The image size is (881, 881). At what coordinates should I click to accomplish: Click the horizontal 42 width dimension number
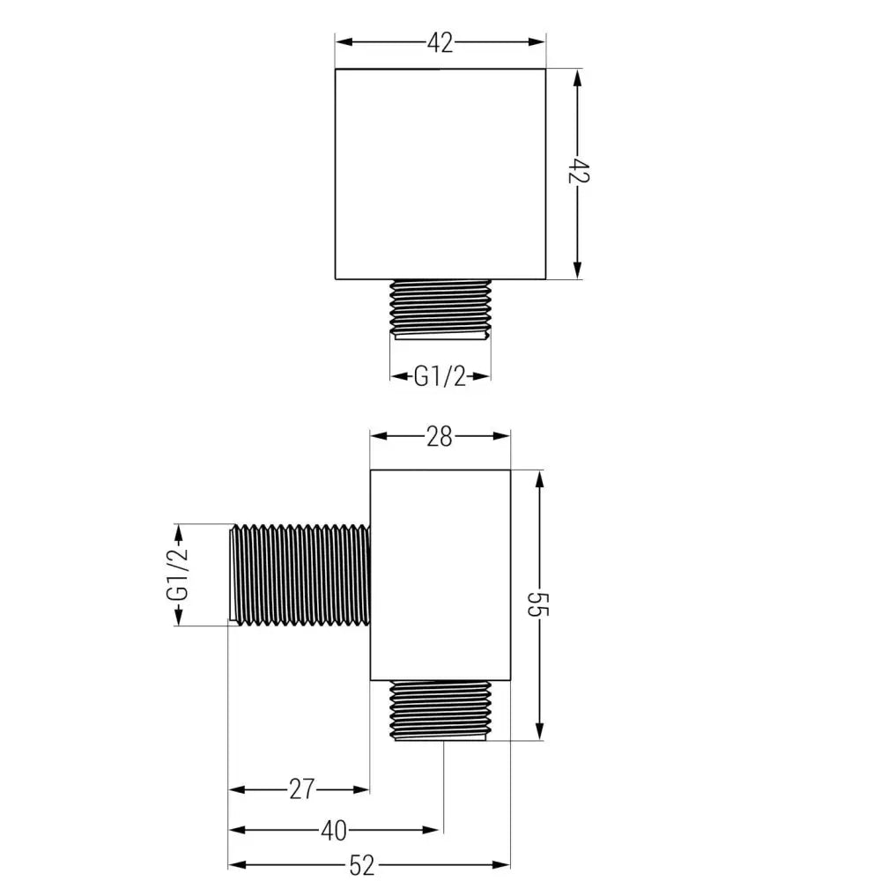440,42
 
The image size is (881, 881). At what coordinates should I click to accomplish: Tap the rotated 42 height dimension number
579,172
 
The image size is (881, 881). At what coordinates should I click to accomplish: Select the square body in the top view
440,174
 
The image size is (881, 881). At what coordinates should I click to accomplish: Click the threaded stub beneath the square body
440,307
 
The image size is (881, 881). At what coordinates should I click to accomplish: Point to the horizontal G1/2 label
440,377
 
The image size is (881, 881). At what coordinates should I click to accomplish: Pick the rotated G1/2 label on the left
179,574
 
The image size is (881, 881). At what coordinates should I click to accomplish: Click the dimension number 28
440,435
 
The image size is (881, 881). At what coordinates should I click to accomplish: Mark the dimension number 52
362,865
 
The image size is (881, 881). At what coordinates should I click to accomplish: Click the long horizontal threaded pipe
299,574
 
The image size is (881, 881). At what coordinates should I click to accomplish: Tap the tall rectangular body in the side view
440,574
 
